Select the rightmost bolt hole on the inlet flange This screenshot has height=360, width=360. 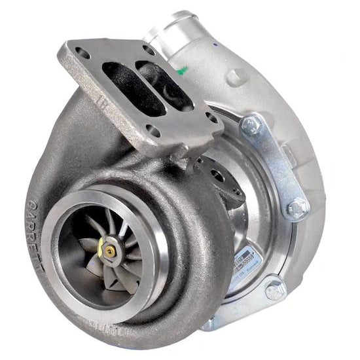(x=211, y=117)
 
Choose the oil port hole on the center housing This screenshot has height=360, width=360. (x=218, y=175)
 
